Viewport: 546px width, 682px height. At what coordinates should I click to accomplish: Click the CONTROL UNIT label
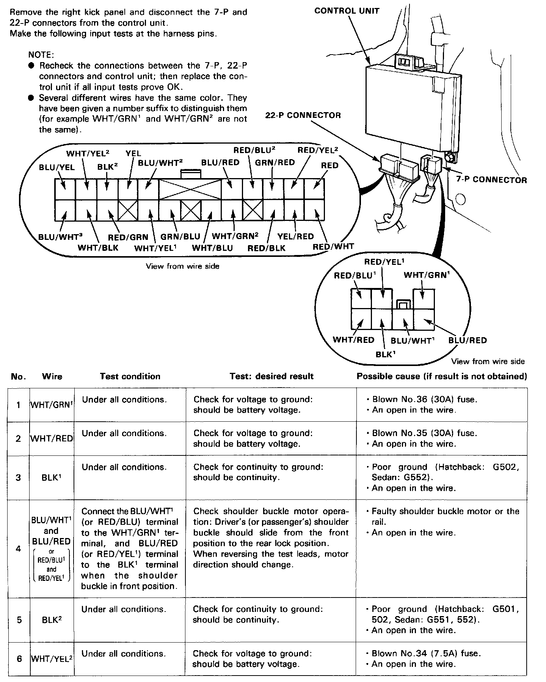(x=347, y=11)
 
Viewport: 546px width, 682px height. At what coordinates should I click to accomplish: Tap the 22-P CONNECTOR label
(x=303, y=115)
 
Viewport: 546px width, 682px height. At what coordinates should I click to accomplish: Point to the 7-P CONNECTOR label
(x=491, y=180)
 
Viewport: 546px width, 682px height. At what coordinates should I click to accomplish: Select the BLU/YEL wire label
(x=57, y=167)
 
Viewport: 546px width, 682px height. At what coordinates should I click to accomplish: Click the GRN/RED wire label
(x=275, y=163)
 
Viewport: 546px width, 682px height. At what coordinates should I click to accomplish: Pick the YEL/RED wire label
(x=295, y=236)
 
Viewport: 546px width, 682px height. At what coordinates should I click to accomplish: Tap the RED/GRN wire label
(x=128, y=237)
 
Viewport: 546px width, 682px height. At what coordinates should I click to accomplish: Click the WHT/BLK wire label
(x=98, y=248)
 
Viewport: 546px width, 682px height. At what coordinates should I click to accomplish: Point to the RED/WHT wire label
(x=333, y=247)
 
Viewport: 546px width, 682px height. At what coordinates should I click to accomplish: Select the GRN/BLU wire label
(x=180, y=237)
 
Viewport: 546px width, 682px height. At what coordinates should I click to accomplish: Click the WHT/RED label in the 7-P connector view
(x=353, y=340)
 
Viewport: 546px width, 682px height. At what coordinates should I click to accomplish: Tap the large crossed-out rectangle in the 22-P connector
(x=190, y=189)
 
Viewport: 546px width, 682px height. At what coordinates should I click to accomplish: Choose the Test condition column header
(x=130, y=376)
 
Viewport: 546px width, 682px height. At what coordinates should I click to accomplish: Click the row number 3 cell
(x=18, y=477)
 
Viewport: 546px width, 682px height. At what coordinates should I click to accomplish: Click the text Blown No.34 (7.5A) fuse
(x=426, y=653)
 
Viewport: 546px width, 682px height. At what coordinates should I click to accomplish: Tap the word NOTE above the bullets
(x=41, y=55)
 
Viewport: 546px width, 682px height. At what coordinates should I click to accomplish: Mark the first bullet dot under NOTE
(x=31, y=66)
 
